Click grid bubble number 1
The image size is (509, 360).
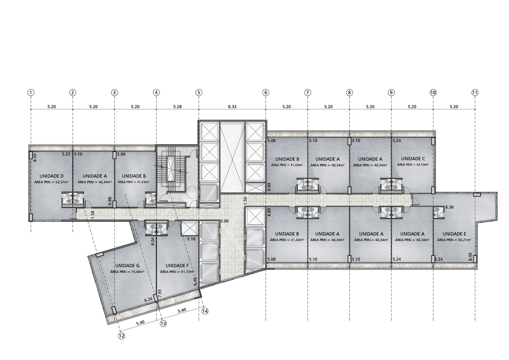[31, 93]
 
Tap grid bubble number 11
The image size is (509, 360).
[475, 93]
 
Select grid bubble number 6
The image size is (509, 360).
[266, 93]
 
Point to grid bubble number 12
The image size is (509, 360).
[122, 336]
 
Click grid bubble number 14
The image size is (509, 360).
[205, 311]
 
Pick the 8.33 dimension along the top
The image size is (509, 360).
[232, 107]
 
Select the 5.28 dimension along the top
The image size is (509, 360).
[177, 107]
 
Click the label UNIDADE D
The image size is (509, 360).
[51, 176]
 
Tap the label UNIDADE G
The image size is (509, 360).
[127, 266]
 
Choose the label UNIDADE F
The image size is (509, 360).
[177, 266]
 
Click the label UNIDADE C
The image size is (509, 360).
[413, 159]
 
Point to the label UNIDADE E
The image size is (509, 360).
[454, 234]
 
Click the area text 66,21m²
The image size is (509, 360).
[463, 240]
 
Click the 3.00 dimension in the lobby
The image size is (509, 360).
[225, 221]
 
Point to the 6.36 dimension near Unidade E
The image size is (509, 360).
[450, 207]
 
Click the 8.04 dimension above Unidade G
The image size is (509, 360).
[153, 241]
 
